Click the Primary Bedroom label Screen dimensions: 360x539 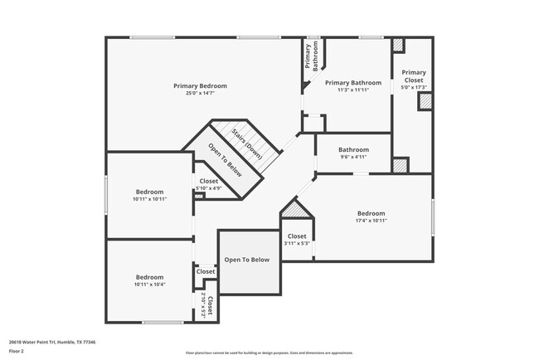(x=200, y=85)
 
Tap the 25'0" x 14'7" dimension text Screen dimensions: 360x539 (x=200, y=93)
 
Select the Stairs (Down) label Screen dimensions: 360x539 (x=247, y=142)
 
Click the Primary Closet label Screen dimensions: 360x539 (x=413, y=75)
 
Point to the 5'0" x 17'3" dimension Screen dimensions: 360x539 (x=413, y=87)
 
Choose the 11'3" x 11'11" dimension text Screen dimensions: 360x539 (x=353, y=90)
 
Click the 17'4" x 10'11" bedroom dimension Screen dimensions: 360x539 (x=371, y=220)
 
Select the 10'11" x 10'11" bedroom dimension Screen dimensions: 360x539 (x=149, y=199)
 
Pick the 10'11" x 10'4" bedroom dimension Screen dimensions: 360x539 (x=149, y=284)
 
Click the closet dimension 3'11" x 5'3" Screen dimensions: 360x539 (x=297, y=243)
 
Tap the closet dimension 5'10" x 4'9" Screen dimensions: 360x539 (x=208, y=188)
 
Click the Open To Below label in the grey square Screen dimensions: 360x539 (x=247, y=260)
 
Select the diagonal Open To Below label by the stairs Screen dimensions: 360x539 (x=225, y=161)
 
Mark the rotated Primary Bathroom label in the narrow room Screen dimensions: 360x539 (x=311, y=56)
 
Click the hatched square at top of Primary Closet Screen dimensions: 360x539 (x=398, y=46)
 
